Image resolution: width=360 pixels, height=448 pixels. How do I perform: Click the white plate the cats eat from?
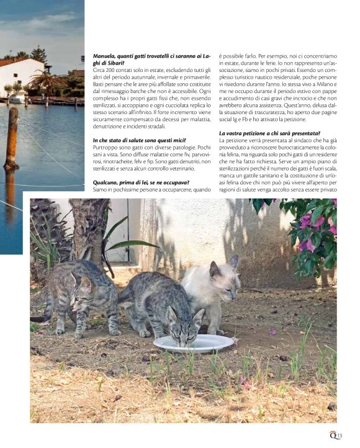[193, 343]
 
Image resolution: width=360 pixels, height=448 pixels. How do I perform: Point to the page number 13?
[340, 436]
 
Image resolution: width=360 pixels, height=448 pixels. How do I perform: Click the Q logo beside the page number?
[333, 435]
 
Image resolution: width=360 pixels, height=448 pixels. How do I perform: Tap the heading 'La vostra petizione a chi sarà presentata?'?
[269, 133]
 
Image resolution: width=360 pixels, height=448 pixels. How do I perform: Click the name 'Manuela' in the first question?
[104, 56]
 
